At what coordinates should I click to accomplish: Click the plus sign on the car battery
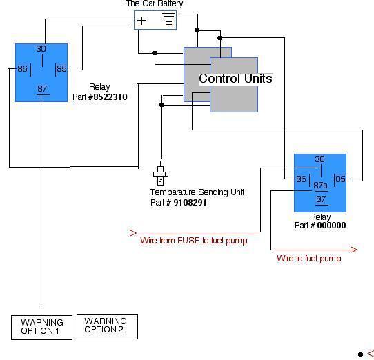tap(141, 21)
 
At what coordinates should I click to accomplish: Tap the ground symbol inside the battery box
tap(168, 19)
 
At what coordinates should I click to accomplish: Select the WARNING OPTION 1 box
tap(41, 328)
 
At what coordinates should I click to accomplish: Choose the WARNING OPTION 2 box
tap(107, 327)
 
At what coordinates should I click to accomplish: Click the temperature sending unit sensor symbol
tap(161, 174)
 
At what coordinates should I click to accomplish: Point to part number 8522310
tap(110, 97)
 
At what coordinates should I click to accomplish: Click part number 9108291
tap(190, 202)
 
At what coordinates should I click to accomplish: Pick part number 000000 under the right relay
tap(331, 225)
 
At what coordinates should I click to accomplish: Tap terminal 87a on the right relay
tap(320, 185)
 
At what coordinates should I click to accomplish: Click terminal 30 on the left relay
tap(41, 49)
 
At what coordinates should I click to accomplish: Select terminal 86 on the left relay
tap(22, 69)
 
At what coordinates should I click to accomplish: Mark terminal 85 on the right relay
tap(340, 179)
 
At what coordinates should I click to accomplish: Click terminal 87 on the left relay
tap(42, 89)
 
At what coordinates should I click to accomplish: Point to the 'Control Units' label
tap(236, 79)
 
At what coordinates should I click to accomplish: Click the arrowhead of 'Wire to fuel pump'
tap(353, 250)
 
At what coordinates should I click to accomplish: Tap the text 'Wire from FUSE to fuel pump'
tap(194, 240)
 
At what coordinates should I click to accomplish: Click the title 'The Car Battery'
tap(155, 3)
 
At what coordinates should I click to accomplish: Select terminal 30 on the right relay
tap(320, 159)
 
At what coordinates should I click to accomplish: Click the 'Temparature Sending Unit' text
tap(197, 192)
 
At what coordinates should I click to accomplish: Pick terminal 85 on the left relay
tap(61, 69)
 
